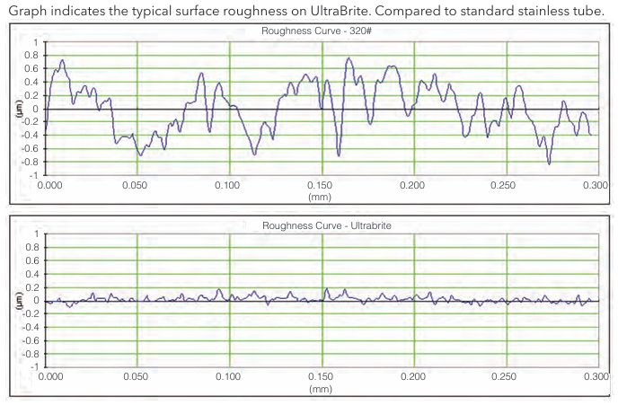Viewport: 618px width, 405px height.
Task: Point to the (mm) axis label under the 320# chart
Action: coord(321,195)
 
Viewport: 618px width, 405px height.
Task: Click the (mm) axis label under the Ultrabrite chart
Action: coord(321,389)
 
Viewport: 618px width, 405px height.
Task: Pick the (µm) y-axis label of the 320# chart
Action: coord(18,108)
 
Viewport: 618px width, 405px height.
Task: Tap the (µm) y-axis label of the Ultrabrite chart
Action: coord(18,301)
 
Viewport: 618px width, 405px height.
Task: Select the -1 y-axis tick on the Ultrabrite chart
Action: coord(33,367)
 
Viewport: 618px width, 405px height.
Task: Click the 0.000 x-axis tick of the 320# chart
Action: coord(50,184)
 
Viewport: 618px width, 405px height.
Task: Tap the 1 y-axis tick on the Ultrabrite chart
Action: coord(36,234)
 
